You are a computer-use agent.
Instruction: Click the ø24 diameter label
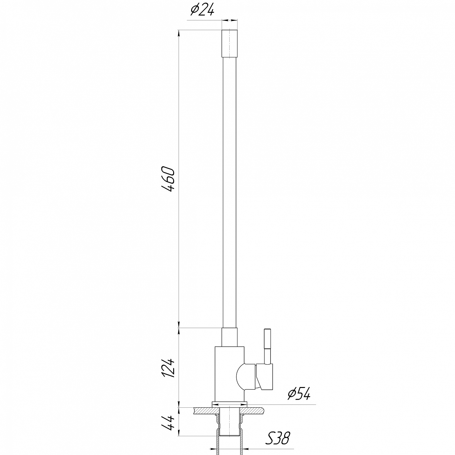click(202, 11)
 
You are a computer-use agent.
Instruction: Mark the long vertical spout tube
click(229, 191)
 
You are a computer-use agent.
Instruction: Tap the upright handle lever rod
click(267, 346)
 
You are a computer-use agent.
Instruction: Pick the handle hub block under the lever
click(265, 376)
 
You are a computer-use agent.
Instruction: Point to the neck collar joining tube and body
click(229, 337)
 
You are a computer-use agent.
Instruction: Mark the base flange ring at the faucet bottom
click(229, 404)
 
